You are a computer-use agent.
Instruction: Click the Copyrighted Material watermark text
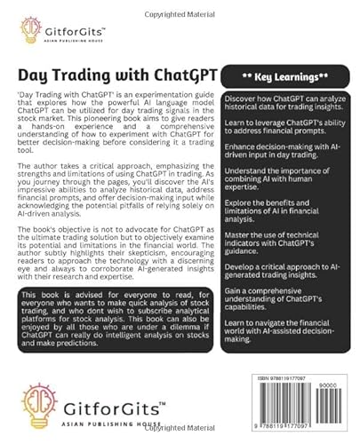tap(180, 6)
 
